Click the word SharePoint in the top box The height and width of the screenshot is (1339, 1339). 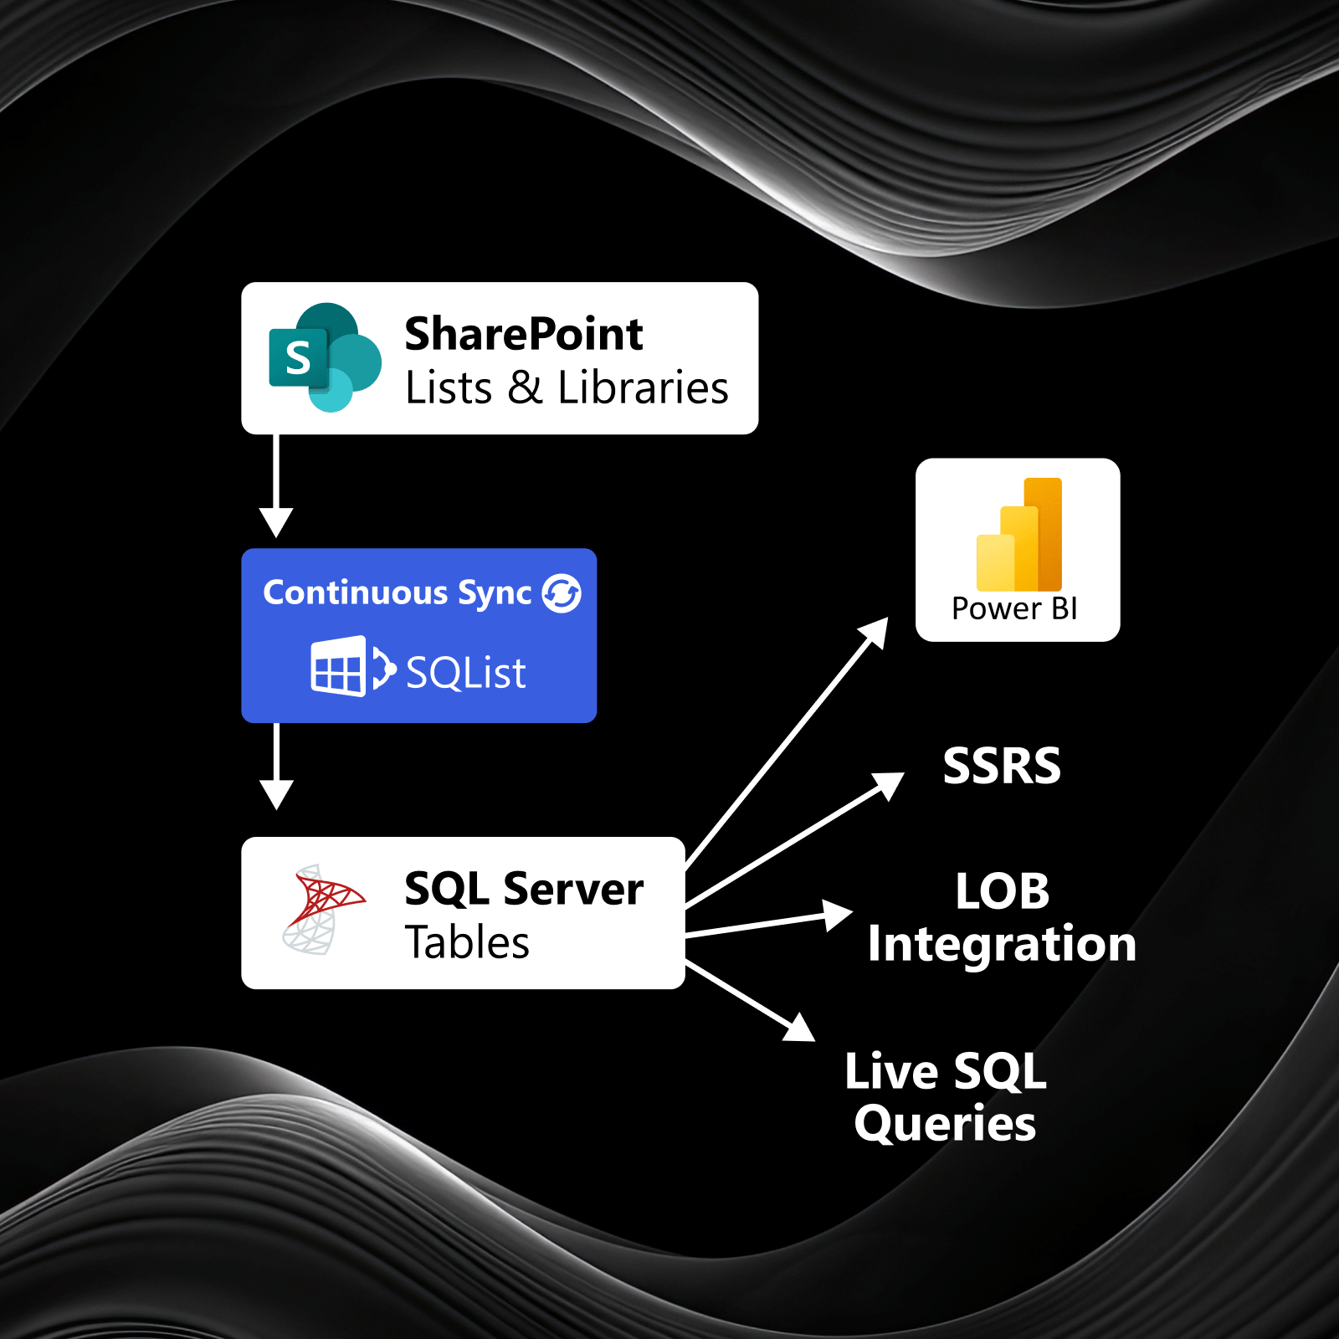pyautogui.click(x=524, y=334)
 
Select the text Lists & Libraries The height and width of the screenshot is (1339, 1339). pyautogui.click(x=567, y=388)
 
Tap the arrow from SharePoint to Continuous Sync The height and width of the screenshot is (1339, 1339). pyautogui.click(x=276, y=485)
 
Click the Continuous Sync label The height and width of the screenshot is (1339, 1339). pyautogui.click(x=398, y=593)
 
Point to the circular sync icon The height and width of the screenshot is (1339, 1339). pyautogui.click(x=562, y=593)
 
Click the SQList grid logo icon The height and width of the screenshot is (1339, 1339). pyautogui.click(x=339, y=667)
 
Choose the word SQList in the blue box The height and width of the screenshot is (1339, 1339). pyautogui.click(x=466, y=673)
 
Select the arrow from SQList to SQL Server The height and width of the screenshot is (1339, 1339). pyautogui.click(x=276, y=766)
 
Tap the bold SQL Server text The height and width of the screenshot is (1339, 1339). pyautogui.click(x=524, y=889)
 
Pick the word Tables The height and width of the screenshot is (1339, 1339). pyautogui.click(x=467, y=943)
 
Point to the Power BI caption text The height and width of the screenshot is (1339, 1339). pyautogui.click(x=1014, y=608)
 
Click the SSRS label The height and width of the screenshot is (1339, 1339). pyautogui.click(x=1002, y=766)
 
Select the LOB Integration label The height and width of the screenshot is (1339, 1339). pyautogui.click(x=1002, y=917)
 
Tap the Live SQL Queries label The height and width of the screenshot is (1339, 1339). pyautogui.click(x=946, y=1097)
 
